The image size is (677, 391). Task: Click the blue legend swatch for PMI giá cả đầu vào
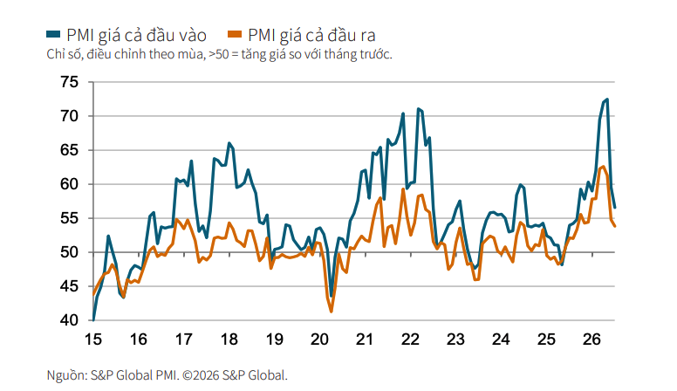click(53, 34)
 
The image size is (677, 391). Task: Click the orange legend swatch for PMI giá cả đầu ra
click(235, 34)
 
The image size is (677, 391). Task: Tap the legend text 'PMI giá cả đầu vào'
click(136, 35)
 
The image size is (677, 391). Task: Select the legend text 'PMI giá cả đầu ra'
click(311, 35)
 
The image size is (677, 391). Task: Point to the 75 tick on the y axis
click(70, 82)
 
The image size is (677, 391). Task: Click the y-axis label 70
click(70, 116)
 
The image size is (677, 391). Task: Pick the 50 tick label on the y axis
click(70, 252)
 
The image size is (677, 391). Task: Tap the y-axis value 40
click(70, 320)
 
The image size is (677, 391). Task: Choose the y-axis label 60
click(70, 184)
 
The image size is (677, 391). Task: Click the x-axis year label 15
click(93, 340)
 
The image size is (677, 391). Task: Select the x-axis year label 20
click(319, 340)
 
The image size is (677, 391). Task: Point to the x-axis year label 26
click(592, 340)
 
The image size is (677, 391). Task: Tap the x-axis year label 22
click(410, 340)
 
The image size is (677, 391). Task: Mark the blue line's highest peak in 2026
click(607, 99)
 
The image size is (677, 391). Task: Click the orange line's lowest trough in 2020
click(332, 312)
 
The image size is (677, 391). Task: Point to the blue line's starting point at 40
click(93, 320)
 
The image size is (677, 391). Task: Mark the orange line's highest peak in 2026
click(603, 167)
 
